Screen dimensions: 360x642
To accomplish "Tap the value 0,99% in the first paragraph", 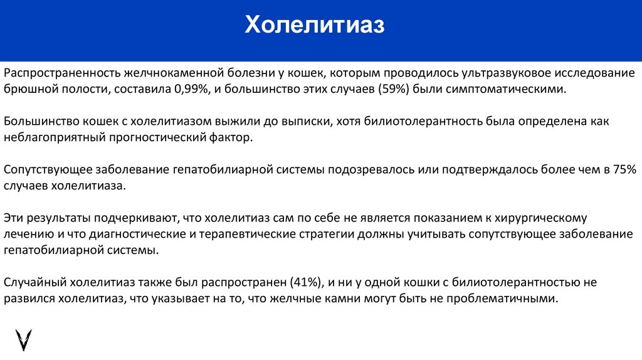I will click(187, 89).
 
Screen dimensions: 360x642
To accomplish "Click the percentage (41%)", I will click(307, 282).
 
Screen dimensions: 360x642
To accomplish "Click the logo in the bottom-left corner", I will click(24, 339).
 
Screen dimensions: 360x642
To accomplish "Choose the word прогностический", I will click(156, 137).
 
